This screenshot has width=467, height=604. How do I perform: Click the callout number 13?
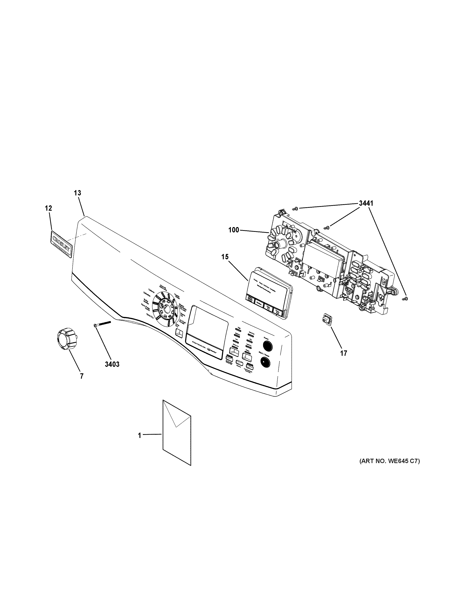(77, 193)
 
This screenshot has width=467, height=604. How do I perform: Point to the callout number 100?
(233, 230)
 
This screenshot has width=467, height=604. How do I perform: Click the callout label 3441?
(366, 203)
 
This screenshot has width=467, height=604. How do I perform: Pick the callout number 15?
(225, 257)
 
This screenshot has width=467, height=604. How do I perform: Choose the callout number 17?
(343, 353)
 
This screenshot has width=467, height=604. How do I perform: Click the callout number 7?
(82, 376)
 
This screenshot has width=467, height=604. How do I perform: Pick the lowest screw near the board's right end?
(406, 298)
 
